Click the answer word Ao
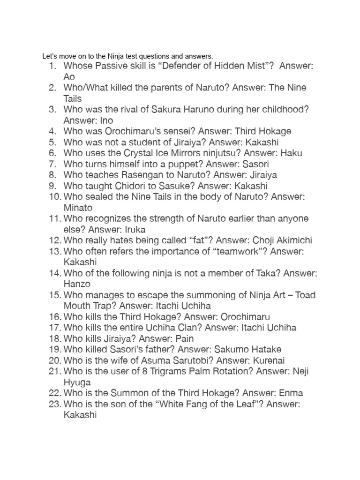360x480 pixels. (x=69, y=77)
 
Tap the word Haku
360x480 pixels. (x=292, y=153)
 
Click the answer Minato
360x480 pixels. (x=78, y=208)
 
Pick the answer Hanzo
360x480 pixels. (x=76, y=284)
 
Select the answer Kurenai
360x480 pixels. (x=269, y=360)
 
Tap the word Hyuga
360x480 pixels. (x=77, y=382)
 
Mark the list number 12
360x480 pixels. (x=54, y=240)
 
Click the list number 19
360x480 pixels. (x=54, y=349)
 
